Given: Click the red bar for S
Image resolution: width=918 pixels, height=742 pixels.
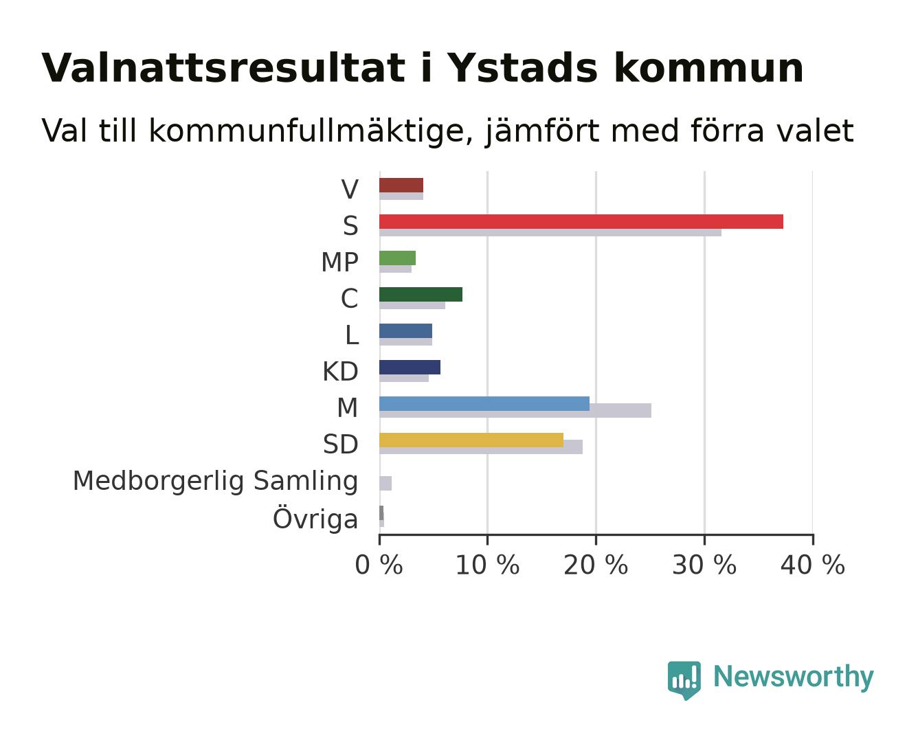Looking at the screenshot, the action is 581,221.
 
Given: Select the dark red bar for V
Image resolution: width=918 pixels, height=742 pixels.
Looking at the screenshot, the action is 401,185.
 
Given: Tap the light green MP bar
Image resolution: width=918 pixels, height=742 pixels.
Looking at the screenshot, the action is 397,258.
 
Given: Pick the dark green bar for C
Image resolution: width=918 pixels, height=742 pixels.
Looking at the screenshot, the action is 421,294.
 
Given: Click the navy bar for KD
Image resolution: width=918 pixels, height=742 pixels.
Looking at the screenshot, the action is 410,367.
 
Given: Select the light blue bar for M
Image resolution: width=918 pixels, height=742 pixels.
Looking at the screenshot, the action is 484,403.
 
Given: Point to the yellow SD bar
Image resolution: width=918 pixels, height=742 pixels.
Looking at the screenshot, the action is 471,440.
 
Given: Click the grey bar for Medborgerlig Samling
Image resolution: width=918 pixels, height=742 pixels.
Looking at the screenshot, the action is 385,483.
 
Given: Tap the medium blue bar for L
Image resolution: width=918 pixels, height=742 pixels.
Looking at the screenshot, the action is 405,330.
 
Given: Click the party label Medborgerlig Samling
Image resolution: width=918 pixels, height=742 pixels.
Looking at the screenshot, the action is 216,481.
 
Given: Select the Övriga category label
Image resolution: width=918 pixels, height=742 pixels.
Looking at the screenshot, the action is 315,518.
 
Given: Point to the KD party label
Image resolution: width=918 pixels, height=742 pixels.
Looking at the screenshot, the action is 341,371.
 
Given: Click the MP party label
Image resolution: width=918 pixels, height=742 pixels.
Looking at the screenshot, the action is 339,262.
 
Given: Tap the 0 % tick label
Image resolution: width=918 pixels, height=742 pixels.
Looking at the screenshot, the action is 379,565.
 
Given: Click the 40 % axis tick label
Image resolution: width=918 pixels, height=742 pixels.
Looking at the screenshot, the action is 812,565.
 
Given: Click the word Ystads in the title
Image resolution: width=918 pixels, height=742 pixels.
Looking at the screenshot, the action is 522,68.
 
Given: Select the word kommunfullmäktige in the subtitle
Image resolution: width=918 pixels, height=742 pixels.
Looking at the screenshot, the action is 311,131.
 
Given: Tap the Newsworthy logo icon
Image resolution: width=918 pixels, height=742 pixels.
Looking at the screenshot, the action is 684,680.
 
